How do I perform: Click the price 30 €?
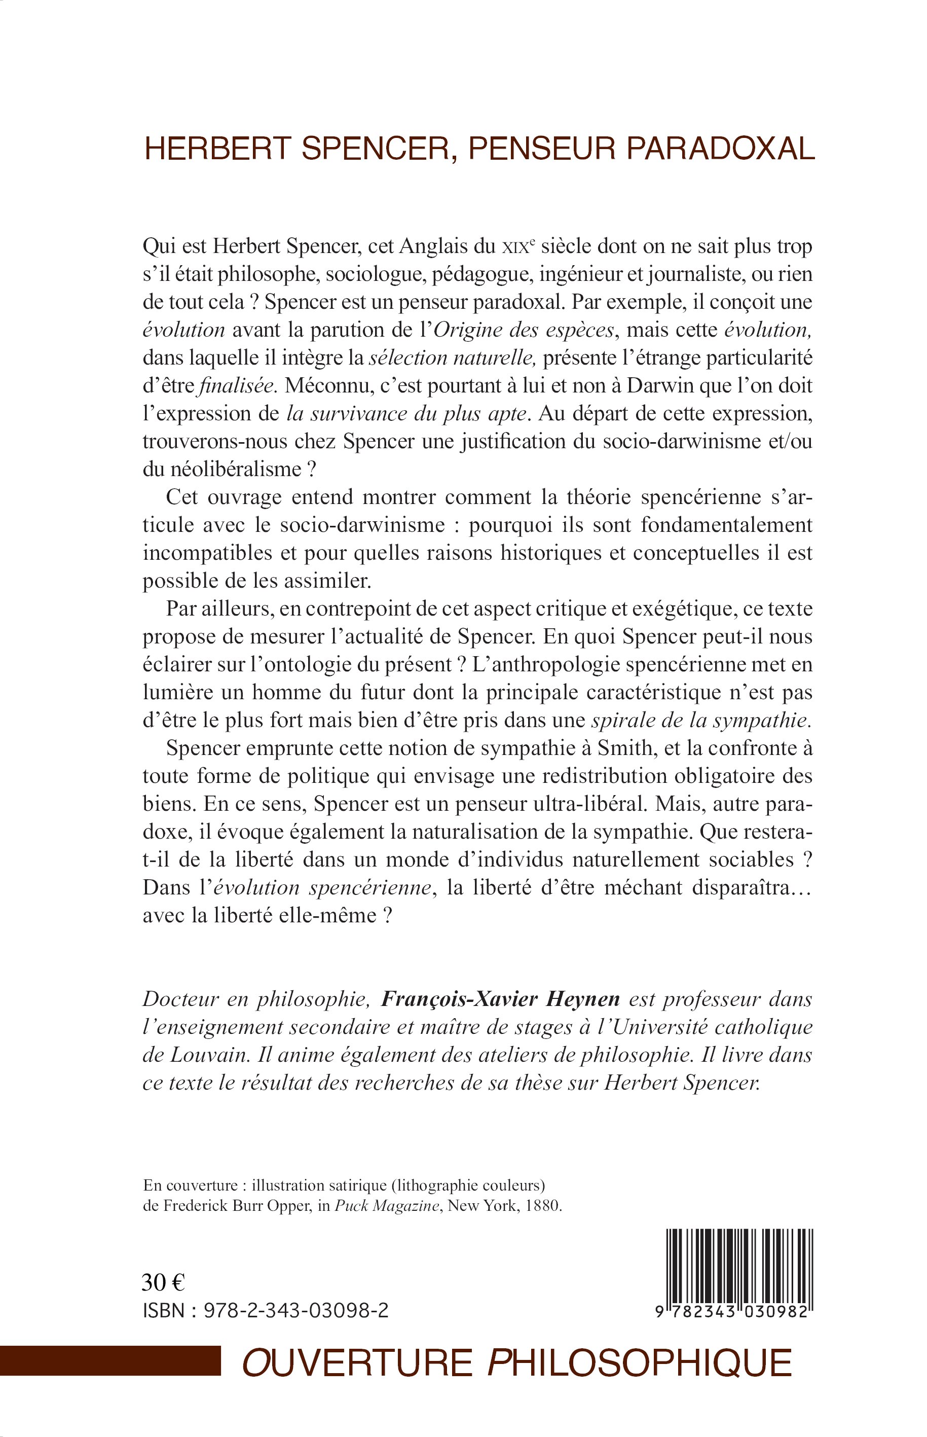163,1283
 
